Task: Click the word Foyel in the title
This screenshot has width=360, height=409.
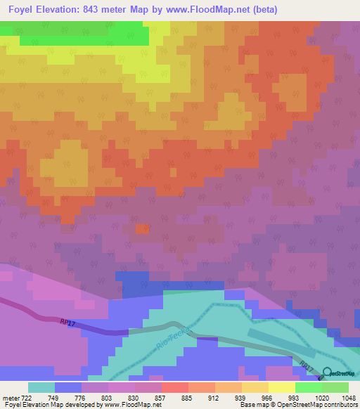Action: [x=23, y=10]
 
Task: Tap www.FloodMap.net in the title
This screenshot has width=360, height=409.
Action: [x=210, y=10]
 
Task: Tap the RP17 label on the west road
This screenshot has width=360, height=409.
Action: [x=67, y=321]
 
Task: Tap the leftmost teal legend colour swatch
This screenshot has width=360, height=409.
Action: [x=41, y=387]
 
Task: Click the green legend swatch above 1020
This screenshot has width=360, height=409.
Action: [x=308, y=387]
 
